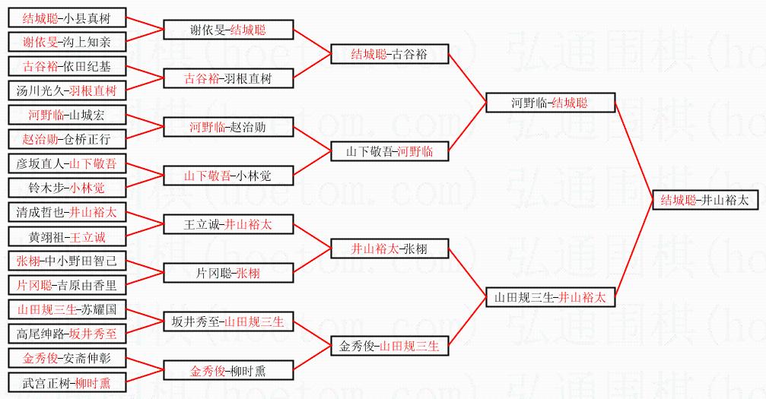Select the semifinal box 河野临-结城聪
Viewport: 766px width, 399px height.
pyautogui.click(x=550, y=103)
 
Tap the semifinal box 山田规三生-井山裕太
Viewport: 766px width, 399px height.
pyautogui.click(x=550, y=298)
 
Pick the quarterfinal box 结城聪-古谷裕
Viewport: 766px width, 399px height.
pyautogui.click(x=389, y=54)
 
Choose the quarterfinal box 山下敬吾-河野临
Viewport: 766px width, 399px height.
pyautogui.click(x=389, y=151)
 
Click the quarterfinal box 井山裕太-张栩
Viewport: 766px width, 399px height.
pyautogui.click(x=389, y=249)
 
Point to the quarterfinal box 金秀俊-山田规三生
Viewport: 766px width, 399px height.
pyautogui.click(x=389, y=346)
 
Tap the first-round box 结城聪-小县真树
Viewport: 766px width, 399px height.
pyautogui.click(x=66, y=18)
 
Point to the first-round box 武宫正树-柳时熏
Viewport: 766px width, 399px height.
pyautogui.click(x=66, y=383)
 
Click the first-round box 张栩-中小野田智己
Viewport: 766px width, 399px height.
pyautogui.click(x=66, y=261)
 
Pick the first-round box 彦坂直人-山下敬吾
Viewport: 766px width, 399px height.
pyautogui.click(x=66, y=164)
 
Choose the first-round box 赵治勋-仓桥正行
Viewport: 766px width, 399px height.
pyautogui.click(x=66, y=139)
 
